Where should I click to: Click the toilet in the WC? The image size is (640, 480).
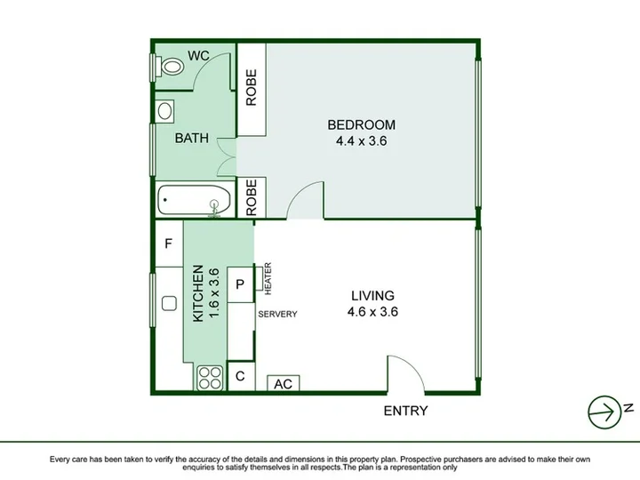click(172, 67)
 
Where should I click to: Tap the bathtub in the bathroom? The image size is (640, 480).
click(194, 200)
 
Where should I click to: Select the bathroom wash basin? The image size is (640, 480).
click(165, 111)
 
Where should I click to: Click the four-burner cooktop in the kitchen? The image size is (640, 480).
click(210, 378)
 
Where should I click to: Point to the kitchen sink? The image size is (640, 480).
click(169, 304)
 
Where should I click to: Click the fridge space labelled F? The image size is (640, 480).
click(168, 244)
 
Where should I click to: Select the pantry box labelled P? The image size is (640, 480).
click(240, 284)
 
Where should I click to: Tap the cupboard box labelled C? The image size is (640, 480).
click(240, 376)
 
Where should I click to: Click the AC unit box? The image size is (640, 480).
click(284, 383)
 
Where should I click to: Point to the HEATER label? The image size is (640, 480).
click(268, 278)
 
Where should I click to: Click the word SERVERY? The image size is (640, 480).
click(277, 314)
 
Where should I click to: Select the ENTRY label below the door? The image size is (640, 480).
click(405, 411)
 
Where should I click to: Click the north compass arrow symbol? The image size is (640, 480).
click(605, 412)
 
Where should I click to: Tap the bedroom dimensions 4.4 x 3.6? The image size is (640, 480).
click(361, 141)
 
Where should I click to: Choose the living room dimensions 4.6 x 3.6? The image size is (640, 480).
click(372, 312)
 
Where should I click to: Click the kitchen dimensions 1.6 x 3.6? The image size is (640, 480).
click(215, 292)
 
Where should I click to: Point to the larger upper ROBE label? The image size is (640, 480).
click(252, 88)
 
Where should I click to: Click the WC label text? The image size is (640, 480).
click(198, 55)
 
